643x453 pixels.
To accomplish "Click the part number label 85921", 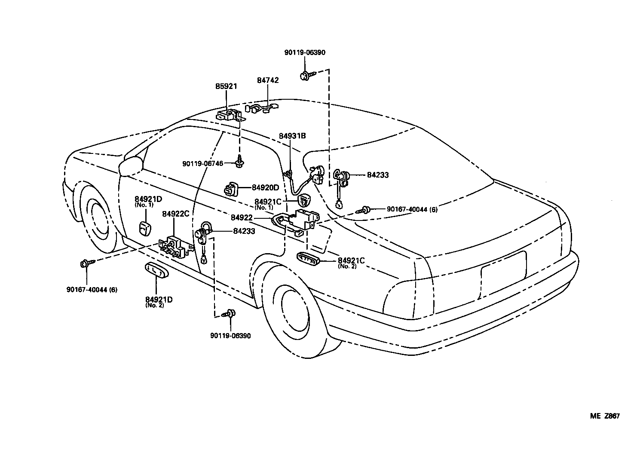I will [x=226, y=86].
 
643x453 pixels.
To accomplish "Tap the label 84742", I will [x=268, y=80].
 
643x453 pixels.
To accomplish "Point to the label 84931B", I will [x=292, y=136].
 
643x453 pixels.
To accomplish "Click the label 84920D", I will [x=265, y=187].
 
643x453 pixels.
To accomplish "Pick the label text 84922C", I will [x=175, y=214].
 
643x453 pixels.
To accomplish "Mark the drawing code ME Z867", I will [x=605, y=416].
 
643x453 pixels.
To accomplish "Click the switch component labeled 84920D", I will [x=233, y=189].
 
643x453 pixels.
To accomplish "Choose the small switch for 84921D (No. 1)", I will [x=144, y=229].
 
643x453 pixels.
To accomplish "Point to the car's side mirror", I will [x=131, y=166].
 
